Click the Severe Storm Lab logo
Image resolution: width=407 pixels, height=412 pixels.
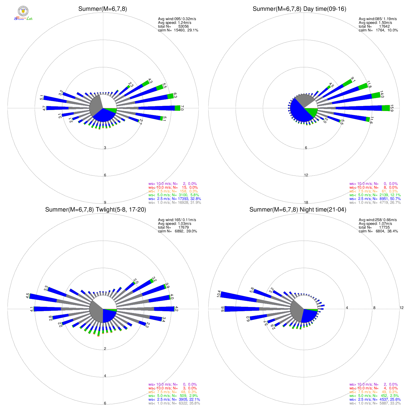tap(23, 13)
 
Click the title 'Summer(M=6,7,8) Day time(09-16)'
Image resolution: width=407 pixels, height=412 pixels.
tap(299, 9)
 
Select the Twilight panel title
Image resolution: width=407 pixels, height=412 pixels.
tap(95, 210)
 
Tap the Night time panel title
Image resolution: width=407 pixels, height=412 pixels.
tap(298, 210)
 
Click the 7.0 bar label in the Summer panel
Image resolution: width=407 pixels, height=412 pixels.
tap(182, 108)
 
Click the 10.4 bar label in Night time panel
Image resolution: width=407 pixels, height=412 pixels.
tap(219, 294)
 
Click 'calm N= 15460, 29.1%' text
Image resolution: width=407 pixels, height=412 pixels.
tap(178, 30)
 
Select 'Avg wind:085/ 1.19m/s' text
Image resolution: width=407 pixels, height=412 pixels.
tap(378, 19)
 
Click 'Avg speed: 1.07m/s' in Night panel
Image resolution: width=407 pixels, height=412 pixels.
tap(375, 224)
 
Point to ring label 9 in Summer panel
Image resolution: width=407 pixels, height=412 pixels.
tap(105, 202)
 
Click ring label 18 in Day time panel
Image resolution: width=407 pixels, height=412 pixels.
tap(306, 202)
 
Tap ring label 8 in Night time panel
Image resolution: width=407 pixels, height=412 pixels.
tap(374, 308)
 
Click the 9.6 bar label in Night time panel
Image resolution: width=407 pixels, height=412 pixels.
tap(222, 309)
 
